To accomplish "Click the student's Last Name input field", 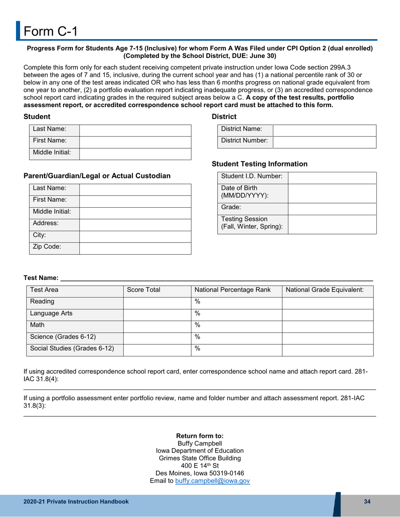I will point(135,130).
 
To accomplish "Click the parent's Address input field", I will point(135,224).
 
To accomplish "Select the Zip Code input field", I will point(135,248).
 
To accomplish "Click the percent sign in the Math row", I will point(197,324).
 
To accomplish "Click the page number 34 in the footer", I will point(367,501).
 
